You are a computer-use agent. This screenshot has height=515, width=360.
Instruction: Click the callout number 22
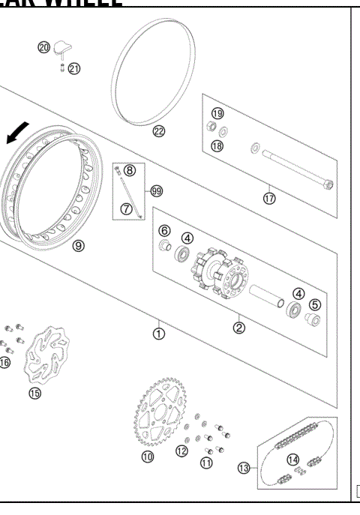158,131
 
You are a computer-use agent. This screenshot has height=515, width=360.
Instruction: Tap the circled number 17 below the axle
269,199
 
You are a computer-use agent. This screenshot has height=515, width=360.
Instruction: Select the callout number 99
156,191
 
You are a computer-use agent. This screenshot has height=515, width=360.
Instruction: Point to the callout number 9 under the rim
79,245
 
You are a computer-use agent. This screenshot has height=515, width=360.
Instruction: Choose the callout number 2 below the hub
238,327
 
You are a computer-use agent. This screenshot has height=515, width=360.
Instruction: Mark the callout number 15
35,393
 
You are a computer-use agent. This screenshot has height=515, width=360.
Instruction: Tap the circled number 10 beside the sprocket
147,457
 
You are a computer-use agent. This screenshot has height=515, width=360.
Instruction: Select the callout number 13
244,469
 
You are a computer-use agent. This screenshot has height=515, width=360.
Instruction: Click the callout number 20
44,48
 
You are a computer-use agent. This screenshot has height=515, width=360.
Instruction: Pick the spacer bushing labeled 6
165,247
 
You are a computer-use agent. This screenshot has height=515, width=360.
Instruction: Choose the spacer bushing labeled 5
313,323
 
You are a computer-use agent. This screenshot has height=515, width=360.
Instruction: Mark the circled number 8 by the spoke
130,170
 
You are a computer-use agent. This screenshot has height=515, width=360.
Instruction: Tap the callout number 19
217,113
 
